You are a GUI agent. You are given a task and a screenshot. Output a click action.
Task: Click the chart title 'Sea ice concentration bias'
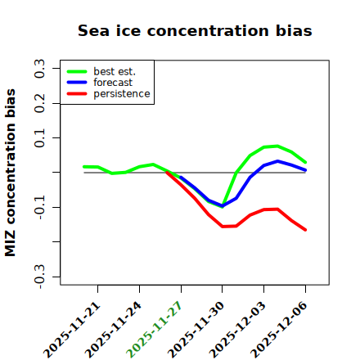point(195,30)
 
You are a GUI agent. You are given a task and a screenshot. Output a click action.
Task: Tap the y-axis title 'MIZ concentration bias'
point(11,173)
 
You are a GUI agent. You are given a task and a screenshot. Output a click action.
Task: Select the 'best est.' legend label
point(115,71)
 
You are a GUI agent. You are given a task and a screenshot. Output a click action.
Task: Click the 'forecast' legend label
point(113,83)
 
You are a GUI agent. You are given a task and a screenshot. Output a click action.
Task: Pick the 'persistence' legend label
point(122,94)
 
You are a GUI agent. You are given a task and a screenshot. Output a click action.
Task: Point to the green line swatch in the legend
point(77,71)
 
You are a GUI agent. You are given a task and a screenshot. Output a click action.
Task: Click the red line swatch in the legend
point(77,94)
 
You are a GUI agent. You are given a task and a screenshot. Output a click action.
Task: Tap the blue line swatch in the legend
point(77,83)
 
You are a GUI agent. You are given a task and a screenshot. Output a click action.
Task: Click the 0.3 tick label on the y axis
point(39,69)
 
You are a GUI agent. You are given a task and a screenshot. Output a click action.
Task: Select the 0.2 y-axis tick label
point(39,103)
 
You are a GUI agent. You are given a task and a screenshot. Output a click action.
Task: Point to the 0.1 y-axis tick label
point(39,138)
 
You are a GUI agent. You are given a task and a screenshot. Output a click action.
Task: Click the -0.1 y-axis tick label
point(39,208)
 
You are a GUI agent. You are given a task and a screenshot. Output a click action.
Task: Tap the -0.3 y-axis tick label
point(39,277)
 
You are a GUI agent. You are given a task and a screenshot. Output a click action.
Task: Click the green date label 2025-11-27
point(154,330)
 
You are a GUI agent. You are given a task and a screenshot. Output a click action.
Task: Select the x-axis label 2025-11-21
point(71,330)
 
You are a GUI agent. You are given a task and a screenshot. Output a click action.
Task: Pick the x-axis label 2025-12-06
point(279,330)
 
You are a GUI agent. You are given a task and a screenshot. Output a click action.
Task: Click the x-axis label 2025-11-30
point(196,330)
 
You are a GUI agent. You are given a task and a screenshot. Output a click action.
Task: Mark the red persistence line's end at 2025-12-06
point(305,230)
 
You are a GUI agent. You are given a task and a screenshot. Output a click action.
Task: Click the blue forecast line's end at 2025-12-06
point(305,170)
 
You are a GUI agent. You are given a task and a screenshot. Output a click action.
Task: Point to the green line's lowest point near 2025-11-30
point(223,207)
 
